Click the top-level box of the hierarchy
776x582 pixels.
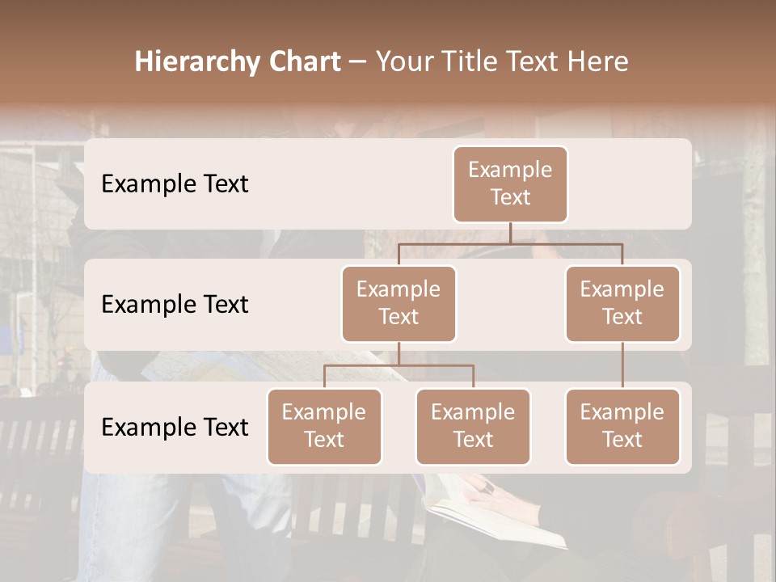tap(510, 184)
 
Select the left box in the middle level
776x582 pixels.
tap(399, 304)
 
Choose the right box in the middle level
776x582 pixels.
tap(622, 304)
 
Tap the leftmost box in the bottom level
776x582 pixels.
tap(324, 427)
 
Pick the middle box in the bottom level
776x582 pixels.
tap(473, 427)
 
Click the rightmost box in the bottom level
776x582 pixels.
tap(622, 427)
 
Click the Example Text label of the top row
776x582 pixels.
tap(175, 184)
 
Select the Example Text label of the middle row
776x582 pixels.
tap(175, 305)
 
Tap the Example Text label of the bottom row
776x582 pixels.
tap(175, 427)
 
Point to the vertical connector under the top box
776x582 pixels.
tap(510, 233)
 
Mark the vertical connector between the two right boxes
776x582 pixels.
tap(622, 365)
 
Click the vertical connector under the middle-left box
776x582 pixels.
tap(399, 353)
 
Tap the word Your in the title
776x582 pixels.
tap(405, 62)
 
